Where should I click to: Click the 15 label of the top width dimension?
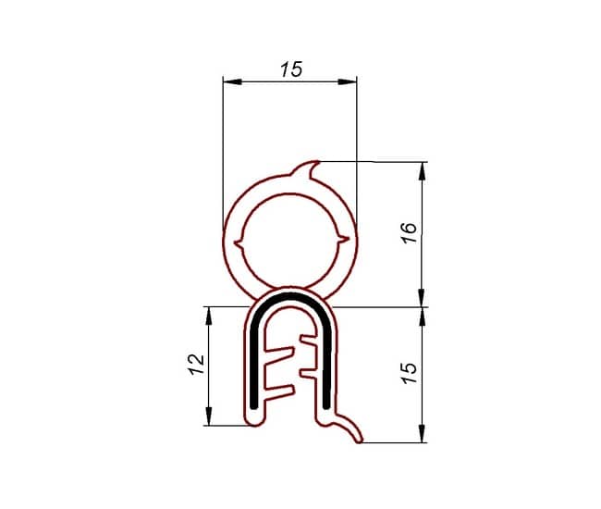(291, 69)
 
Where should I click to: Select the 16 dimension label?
(409, 233)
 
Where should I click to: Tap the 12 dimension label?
(196, 365)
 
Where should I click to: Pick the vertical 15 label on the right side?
(409, 373)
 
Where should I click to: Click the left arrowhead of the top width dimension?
(233, 81)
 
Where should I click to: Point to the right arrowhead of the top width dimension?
(348, 81)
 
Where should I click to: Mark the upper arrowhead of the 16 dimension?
(423, 171)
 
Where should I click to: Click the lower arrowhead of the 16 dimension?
(423, 298)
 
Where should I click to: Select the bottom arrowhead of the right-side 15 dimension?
(423, 433)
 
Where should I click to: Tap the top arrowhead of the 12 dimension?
(209, 317)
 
